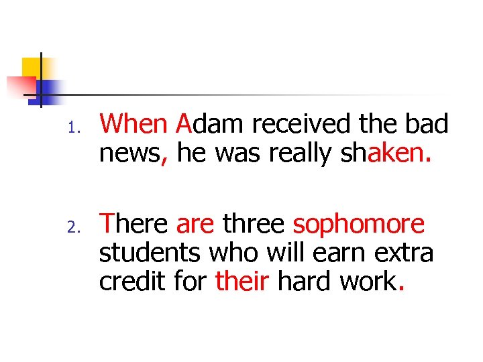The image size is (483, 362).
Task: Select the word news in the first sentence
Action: [130, 154]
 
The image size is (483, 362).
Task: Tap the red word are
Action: [195, 224]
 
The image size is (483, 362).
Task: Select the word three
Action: [254, 224]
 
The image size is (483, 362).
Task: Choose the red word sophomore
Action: [359, 224]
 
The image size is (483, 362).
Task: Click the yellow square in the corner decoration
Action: [32, 67]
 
